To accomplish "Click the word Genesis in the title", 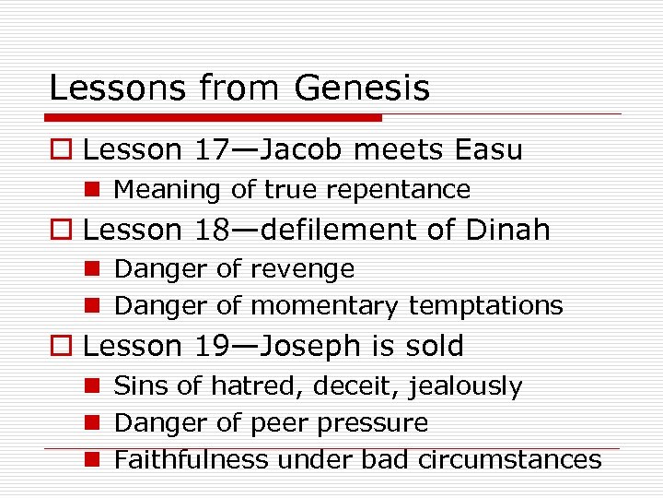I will tap(362, 89).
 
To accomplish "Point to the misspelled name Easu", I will tap(487, 149).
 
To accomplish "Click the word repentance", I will tap(401, 190).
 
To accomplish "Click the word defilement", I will tap(340, 230).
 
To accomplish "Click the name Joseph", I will tap(309, 346).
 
